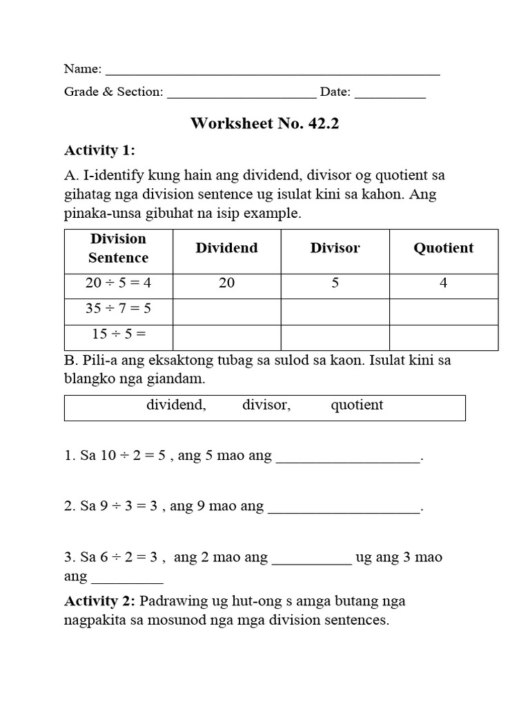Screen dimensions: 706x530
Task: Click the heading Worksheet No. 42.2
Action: pos(265,123)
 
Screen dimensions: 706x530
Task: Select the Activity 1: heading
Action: pos(99,150)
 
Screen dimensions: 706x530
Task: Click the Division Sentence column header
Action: pos(118,248)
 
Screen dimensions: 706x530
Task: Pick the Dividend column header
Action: pos(226,248)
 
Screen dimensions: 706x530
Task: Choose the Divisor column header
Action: pos(335,248)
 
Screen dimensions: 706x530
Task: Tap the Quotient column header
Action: pos(443,248)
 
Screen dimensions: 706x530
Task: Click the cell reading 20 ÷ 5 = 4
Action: pos(118,283)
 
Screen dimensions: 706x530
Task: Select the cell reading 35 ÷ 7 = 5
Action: pos(118,308)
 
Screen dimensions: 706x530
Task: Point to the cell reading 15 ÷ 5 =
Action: pos(118,334)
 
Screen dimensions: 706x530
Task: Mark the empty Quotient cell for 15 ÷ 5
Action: pos(443,337)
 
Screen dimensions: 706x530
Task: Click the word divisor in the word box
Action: pos(266,405)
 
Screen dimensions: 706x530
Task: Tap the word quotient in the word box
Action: pos(357,405)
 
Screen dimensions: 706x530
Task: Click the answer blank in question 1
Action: pos(348,459)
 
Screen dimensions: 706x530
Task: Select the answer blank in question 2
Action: pos(343,509)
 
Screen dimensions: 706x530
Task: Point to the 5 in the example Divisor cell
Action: pos(335,283)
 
